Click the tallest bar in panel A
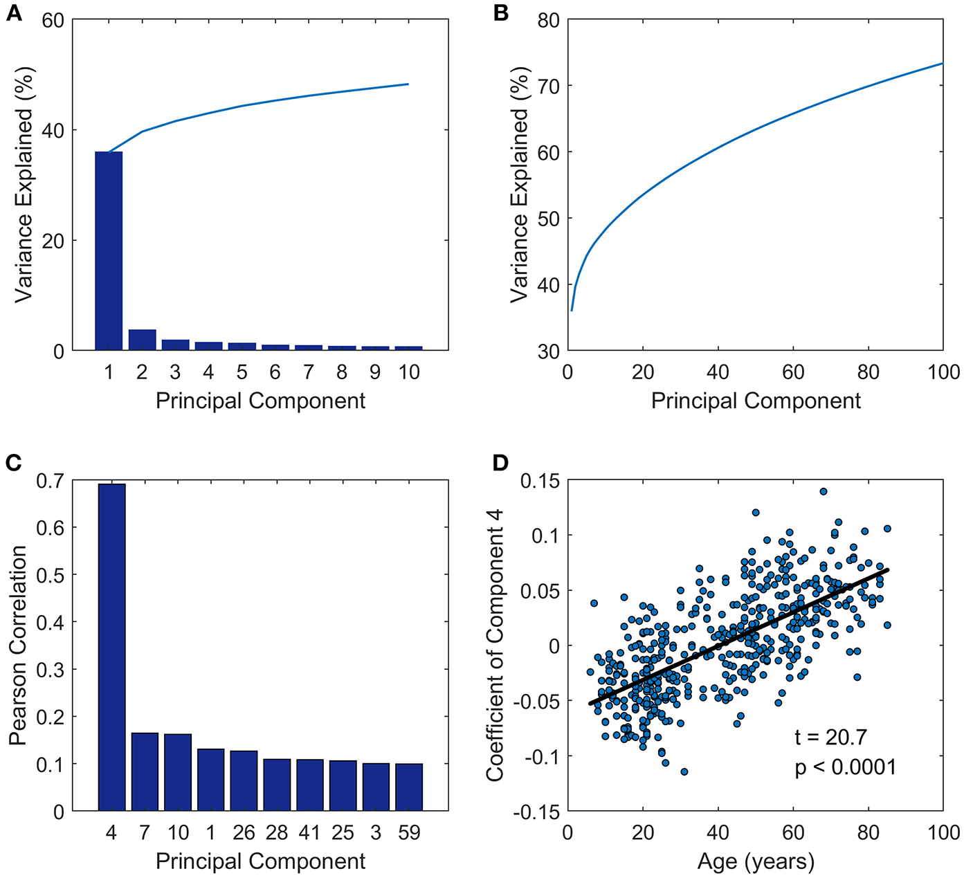click(109, 250)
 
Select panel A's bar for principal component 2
click(142, 340)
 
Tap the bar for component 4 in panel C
click(111, 647)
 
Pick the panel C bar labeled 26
click(244, 780)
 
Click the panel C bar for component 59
click(409, 787)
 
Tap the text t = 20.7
click(830, 738)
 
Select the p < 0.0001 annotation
click(845, 767)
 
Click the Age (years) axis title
click(756, 861)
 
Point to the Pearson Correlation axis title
click(18, 645)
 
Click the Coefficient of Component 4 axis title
click(495, 645)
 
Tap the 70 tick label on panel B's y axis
click(548, 86)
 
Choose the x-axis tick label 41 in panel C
click(309, 832)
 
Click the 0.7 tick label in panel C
click(49, 480)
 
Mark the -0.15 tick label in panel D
click(536, 812)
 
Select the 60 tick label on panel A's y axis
click(53, 21)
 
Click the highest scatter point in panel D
click(824, 491)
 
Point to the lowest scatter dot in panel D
click(684, 771)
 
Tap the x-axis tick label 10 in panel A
click(409, 372)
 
